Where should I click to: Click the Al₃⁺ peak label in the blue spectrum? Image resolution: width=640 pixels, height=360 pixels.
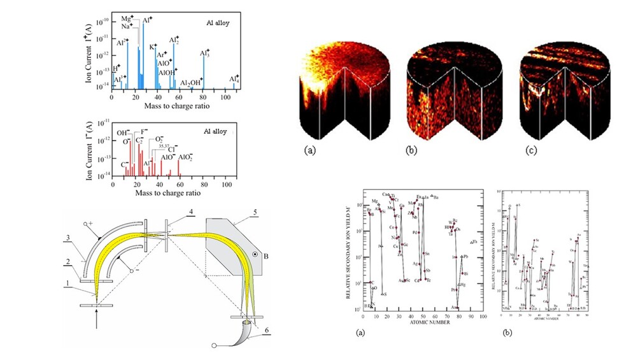204,54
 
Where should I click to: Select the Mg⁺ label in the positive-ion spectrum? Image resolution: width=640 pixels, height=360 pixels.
127,18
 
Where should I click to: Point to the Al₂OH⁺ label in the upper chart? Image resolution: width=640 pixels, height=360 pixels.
191,83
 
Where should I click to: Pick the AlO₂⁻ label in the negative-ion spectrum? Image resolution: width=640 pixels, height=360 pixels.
185,156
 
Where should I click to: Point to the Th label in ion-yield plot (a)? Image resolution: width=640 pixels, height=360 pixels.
474,241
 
